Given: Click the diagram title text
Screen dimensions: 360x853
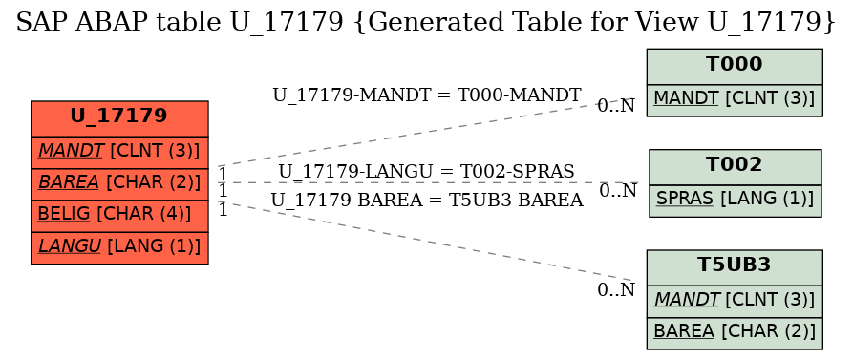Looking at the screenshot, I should point(426,22).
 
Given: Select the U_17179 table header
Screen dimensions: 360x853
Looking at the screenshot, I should point(119,117).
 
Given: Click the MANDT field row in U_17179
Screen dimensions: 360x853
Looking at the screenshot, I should point(119,150).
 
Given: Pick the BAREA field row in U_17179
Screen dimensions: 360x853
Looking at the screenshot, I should point(119,182).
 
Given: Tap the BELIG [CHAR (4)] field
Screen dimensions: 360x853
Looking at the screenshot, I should point(119,215).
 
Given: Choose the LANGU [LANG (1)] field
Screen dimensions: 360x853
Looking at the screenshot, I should point(119,247).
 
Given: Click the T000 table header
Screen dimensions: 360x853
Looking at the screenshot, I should point(734,65).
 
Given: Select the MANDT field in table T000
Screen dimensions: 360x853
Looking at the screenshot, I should point(734,98).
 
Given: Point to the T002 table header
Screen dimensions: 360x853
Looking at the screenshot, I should point(735,165).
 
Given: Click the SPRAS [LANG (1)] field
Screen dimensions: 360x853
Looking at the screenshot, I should point(735,199).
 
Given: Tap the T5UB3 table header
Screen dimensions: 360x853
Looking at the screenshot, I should point(734,265).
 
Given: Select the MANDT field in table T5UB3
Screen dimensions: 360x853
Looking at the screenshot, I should point(734,299).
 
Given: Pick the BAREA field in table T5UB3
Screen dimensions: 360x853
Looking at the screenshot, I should point(734,331).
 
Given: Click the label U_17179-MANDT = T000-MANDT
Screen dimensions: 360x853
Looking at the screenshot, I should point(426,95).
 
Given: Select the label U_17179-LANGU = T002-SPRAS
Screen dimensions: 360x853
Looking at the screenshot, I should point(426,171).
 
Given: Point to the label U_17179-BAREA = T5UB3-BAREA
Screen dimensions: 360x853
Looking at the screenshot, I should point(426,200).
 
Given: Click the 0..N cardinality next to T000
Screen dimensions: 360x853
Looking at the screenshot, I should point(616,106).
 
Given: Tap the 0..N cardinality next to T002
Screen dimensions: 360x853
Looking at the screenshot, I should point(618,191).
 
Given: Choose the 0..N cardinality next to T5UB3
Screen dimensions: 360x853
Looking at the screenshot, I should point(616,290).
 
